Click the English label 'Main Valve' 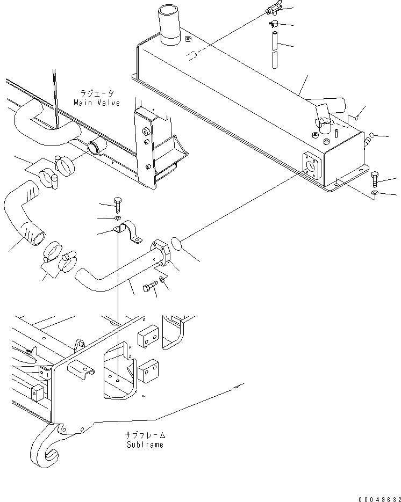(97, 103)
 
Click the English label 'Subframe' (145, 445)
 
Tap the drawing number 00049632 (380, 499)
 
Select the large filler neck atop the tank (169, 25)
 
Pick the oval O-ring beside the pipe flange (176, 243)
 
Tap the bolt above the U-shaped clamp (118, 205)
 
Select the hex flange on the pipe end (161, 252)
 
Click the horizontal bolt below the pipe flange (151, 286)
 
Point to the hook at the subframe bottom (44, 446)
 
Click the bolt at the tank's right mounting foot (375, 180)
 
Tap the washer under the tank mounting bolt (375, 192)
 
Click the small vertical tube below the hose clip (275, 50)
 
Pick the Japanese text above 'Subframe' (145, 435)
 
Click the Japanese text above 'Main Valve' (97, 93)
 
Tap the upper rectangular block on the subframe (148, 336)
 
